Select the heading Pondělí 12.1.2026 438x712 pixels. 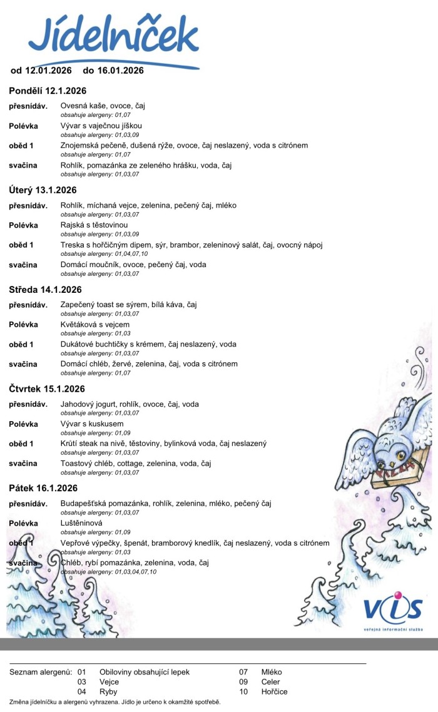point(48,91)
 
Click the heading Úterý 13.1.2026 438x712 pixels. point(43,190)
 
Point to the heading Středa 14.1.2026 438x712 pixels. point(45,290)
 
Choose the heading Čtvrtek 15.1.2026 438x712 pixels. point(47,389)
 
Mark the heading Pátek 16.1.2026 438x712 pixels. point(43,488)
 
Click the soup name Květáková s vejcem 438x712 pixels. point(95,324)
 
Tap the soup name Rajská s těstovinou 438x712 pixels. point(94,225)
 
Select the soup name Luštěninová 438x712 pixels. point(81,523)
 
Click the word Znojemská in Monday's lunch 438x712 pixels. point(80,146)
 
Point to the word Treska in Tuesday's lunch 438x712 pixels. point(72,245)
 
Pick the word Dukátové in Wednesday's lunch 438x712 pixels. point(77,344)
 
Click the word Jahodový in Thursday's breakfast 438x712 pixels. point(78,404)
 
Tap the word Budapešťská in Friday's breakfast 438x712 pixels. point(84,503)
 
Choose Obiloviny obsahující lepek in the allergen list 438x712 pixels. point(144,672)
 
